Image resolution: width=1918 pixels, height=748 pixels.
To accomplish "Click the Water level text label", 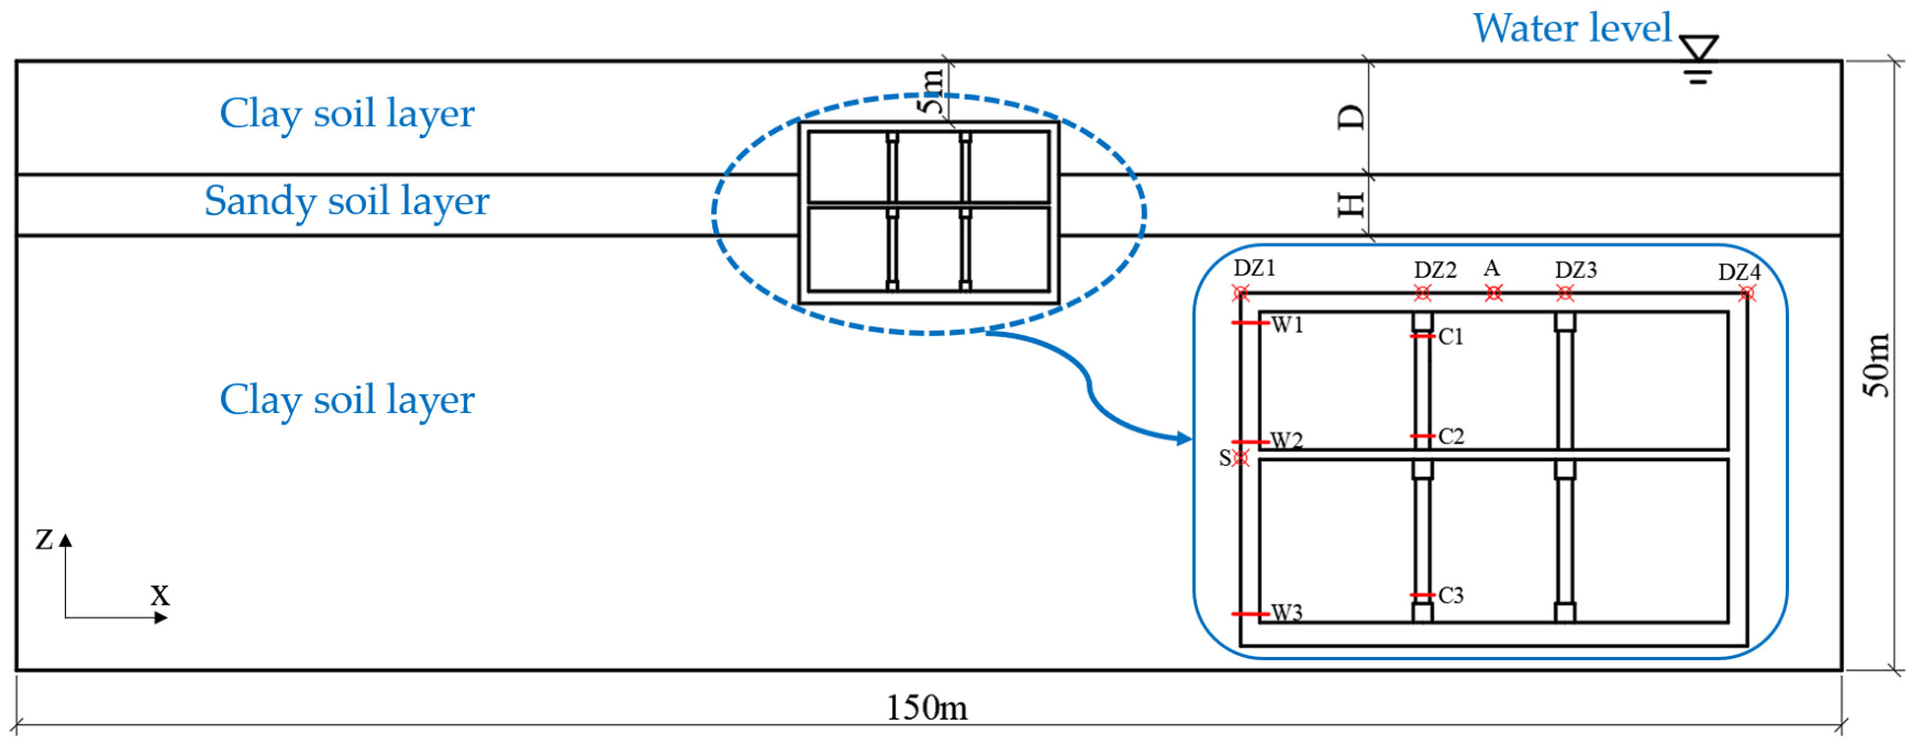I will tap(1572, 29).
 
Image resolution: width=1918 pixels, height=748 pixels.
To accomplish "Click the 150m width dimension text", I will tap(926, 708).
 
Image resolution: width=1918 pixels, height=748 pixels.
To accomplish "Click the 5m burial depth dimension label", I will tap(931, 91).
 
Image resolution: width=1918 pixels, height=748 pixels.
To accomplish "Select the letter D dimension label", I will tap(1352, 117).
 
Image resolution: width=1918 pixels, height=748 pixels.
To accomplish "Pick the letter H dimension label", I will tap(1352, 204).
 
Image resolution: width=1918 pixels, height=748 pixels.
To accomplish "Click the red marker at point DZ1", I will tap(1240, 293).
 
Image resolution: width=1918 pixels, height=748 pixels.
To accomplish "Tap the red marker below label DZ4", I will tap(1747, 294).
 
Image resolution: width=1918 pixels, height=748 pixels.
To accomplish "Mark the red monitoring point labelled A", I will tap(1494, 293).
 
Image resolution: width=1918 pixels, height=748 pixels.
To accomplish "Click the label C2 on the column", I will tap(1451, 436).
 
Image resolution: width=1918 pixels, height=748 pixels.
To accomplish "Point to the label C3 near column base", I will tap(1451, 596).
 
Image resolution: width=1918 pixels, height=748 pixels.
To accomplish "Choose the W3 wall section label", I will tap(1287, 613).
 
